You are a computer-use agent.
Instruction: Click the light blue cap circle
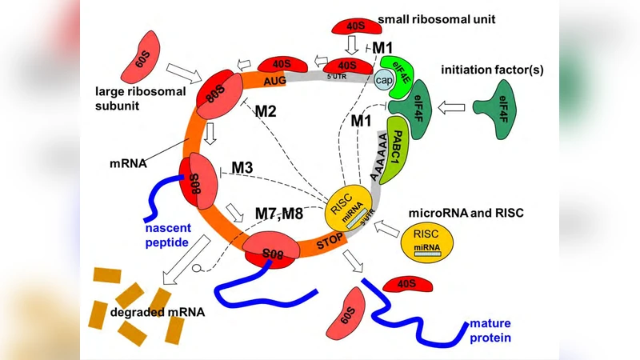[x=384, y=78]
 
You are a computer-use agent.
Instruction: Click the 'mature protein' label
[x=490, y=331]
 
